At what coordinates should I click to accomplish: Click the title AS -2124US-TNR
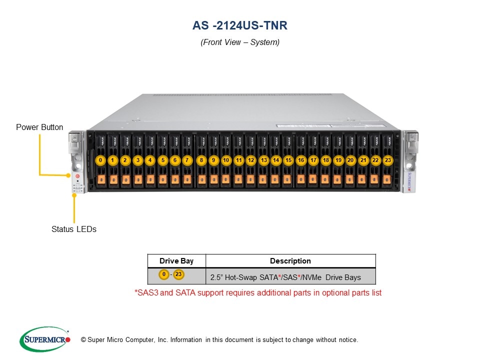coord(240,25)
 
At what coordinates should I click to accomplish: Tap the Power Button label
coord(39,127)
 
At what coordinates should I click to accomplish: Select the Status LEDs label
coord(74,229)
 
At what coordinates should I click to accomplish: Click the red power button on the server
coord(77,176)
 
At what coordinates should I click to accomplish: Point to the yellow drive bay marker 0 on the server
coord(101,160)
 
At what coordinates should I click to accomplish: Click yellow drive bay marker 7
coord(187,160)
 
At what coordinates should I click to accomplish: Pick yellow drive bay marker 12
coord(251,160)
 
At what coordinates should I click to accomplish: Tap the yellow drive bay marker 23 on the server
coord(387,160)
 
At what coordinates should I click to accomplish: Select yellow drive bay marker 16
coord(300,160)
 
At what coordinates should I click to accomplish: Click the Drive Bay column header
coord(176,261)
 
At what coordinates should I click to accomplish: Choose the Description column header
coord(290,261)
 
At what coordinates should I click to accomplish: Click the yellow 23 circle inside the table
coord(178,274)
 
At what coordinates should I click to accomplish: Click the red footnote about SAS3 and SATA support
coord(258,292)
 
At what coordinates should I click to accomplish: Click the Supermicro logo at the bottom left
coord(44,339)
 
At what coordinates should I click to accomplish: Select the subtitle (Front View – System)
coord(240,42)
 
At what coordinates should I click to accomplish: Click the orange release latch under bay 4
coord(150,179)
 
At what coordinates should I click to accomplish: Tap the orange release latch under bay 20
coord(349,179)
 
